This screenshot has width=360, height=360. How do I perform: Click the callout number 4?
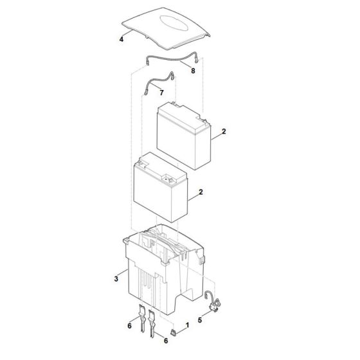pyautogui.click(x=121, y=39)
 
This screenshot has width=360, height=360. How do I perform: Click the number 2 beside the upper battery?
pyautogui.click(x=223, y=131)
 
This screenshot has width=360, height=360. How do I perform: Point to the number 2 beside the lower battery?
pyautogui.click(x=202, y=192)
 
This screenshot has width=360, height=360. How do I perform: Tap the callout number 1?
pyautogui.click(x=186, y=326)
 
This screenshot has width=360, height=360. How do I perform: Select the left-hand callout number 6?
pyautogui.click(x=129, y=327)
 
